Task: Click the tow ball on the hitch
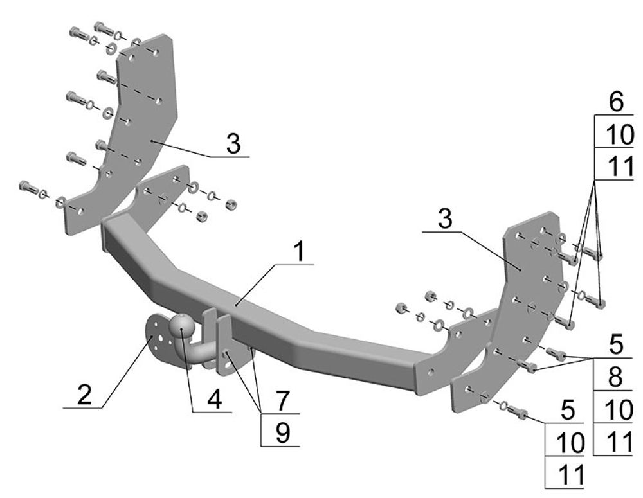(182, 326)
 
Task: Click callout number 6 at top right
(616, 102)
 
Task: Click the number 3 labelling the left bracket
(234, 144)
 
